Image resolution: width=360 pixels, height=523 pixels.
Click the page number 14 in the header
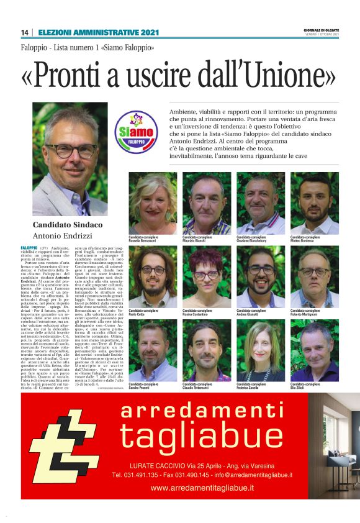coord(24,32)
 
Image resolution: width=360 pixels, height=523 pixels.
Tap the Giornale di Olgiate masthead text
coord(321,30)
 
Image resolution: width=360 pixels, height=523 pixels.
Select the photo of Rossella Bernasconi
coord(153,203)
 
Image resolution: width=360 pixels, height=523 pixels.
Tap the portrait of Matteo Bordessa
coord(314,203)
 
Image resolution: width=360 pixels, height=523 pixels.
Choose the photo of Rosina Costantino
coord(207,276)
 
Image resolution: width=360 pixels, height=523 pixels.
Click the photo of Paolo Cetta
coord(153,276)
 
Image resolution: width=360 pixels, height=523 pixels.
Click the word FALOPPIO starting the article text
coord(29,248)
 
